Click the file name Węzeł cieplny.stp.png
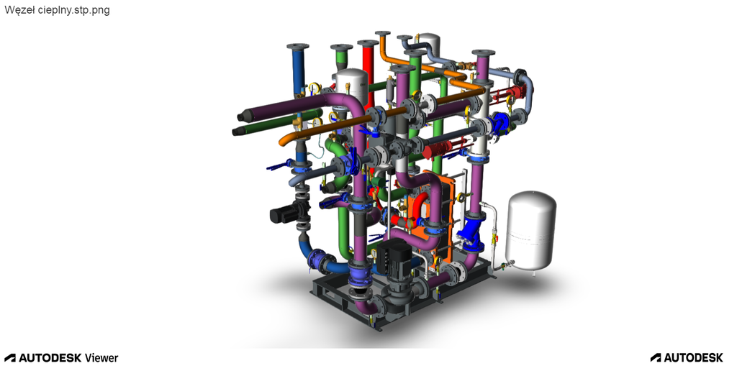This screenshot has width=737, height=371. [57, 10]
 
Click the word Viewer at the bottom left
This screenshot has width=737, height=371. [101, 358]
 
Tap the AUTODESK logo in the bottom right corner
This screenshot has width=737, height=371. [687, 358]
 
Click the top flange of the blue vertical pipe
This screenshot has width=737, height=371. [297, 47]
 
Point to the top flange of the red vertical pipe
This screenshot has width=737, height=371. [368, 43]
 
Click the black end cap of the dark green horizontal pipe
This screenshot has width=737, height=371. [238, 131]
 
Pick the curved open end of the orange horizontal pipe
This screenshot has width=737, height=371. [284, 140]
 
